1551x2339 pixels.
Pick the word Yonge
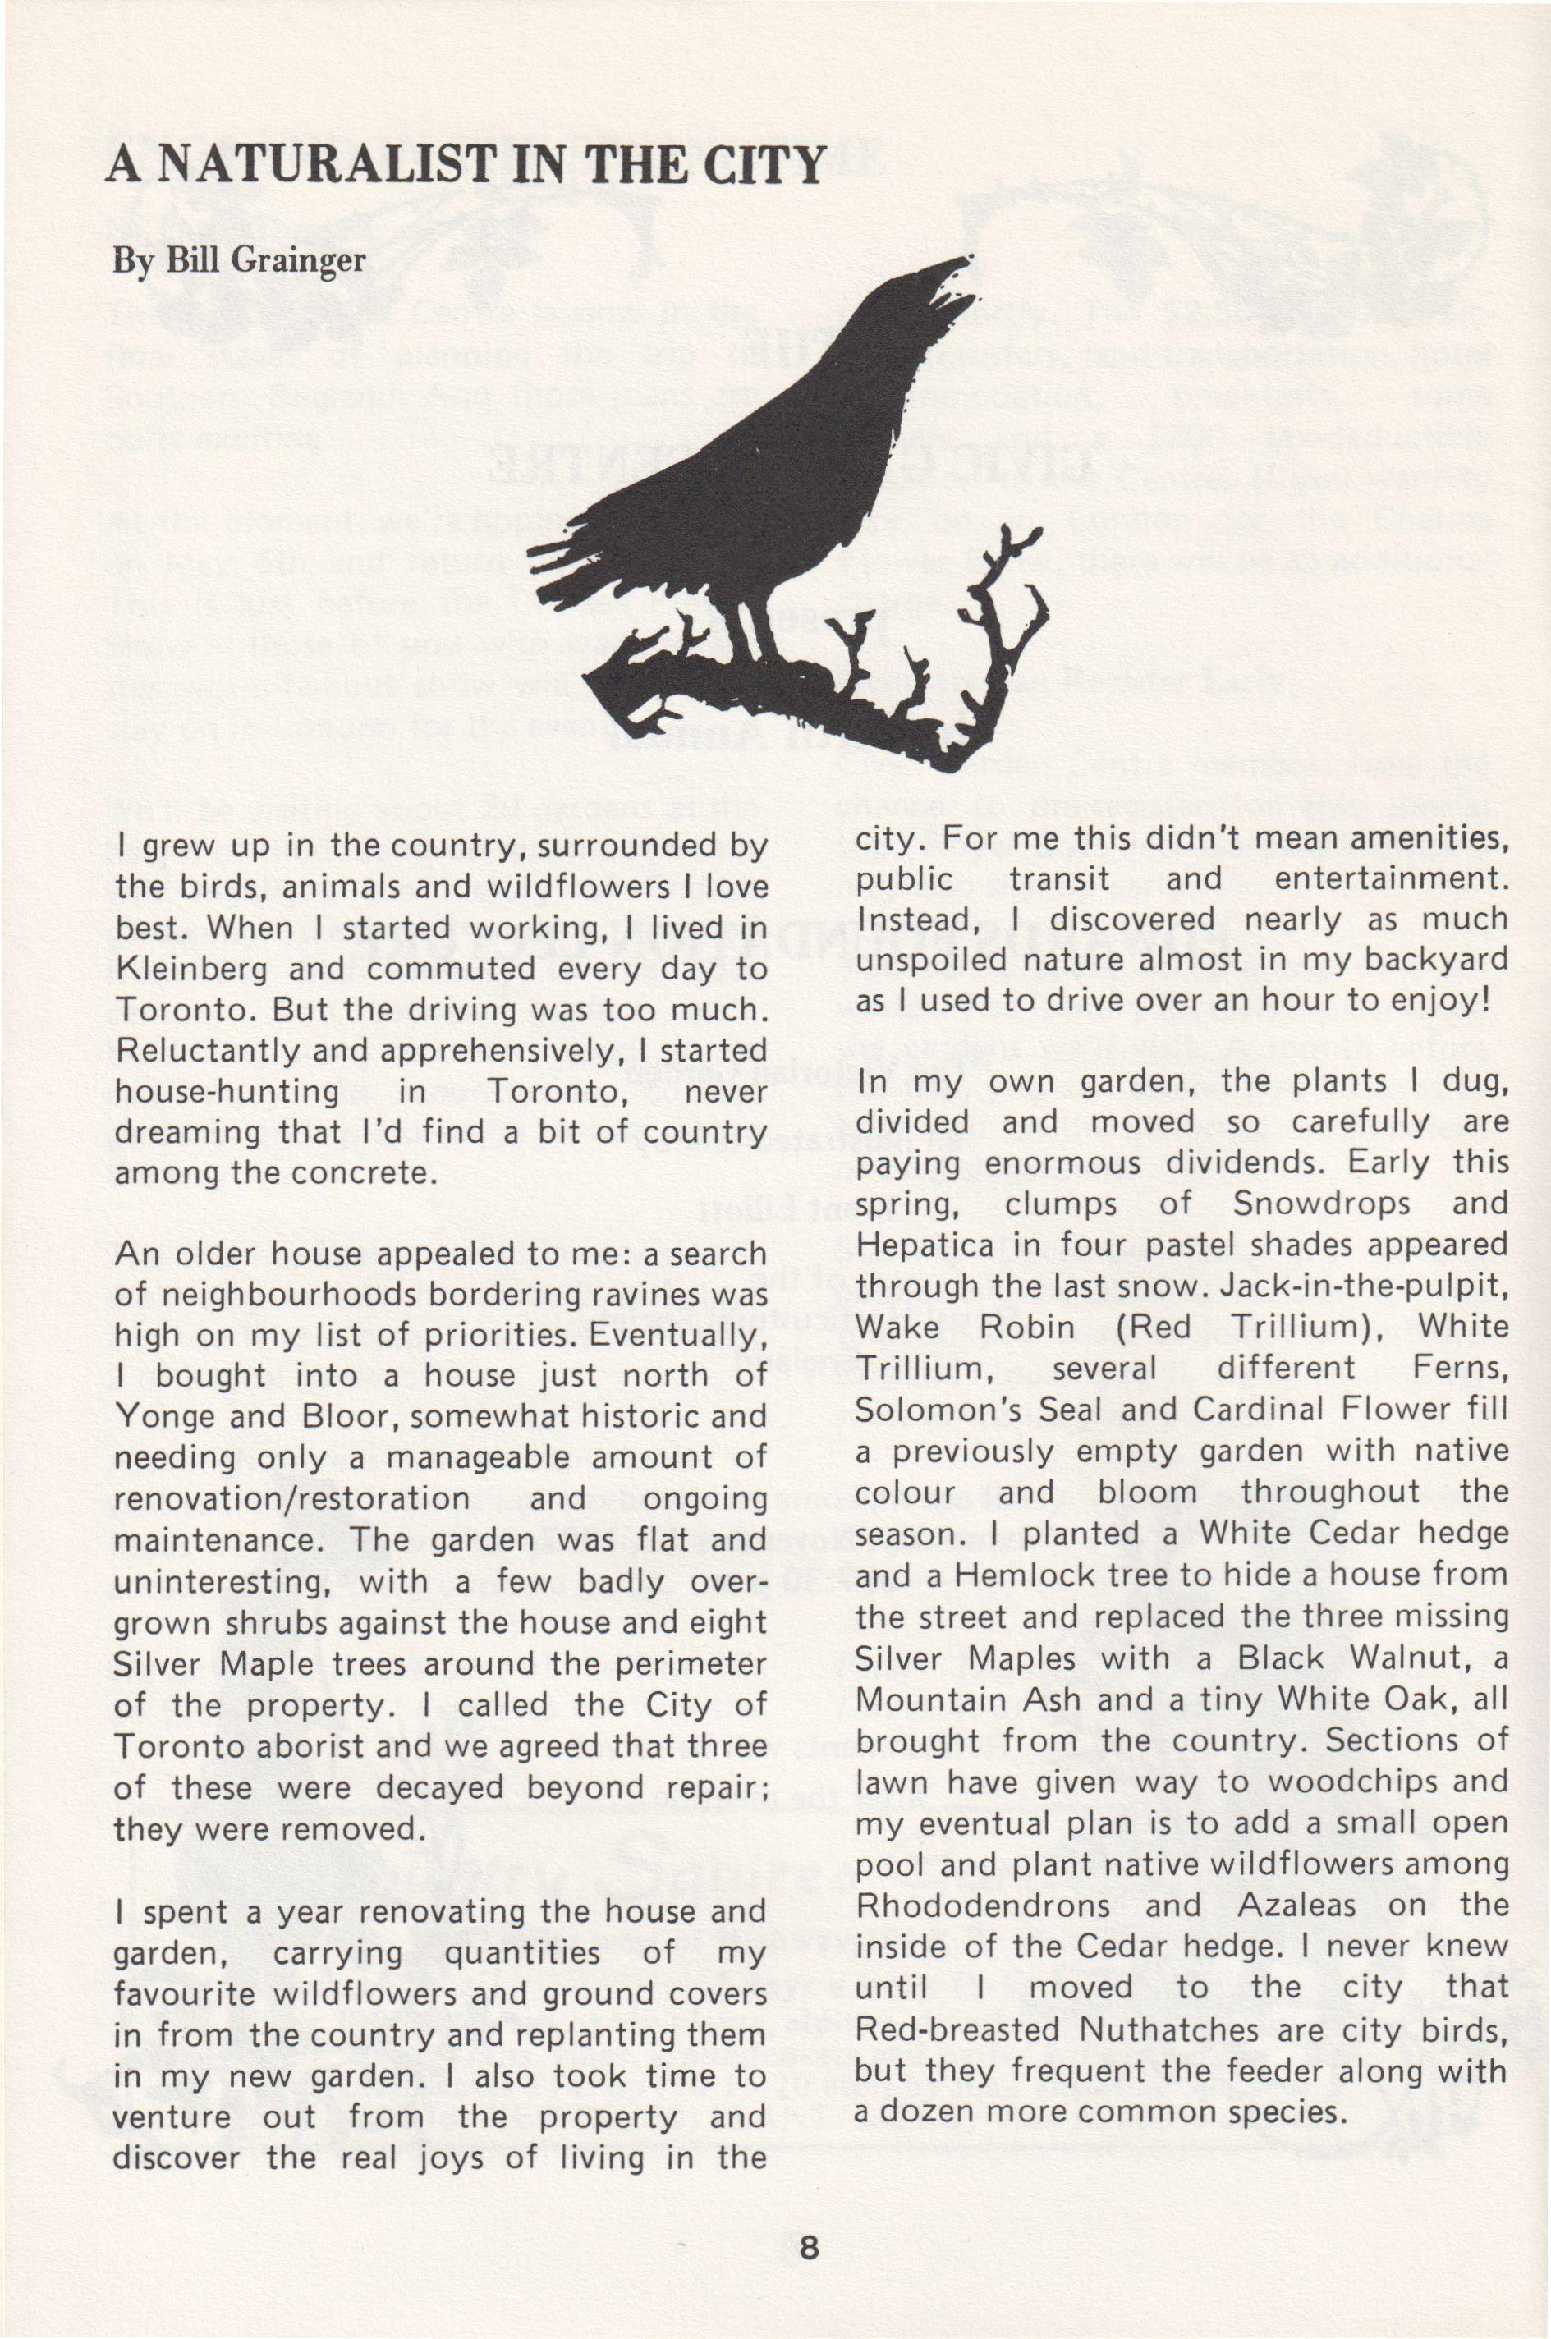[165, 1416]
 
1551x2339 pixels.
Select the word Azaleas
[1296, 1904]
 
